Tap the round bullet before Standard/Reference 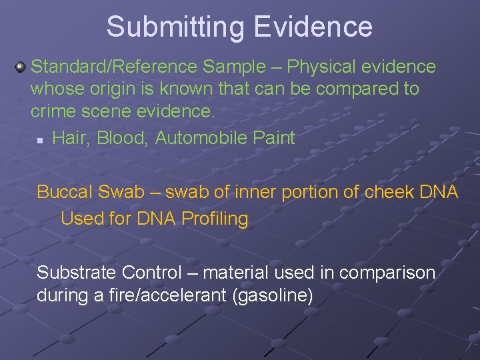pos(21,67)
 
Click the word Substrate pos(77,272)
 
